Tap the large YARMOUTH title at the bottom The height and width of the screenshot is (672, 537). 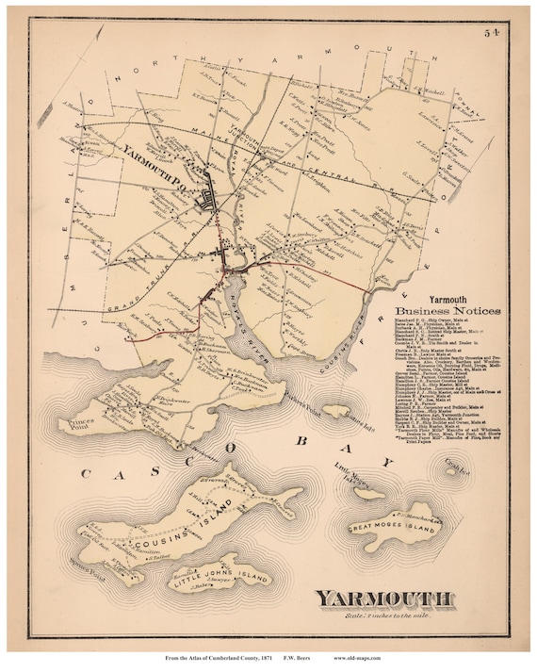pos(388,597)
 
